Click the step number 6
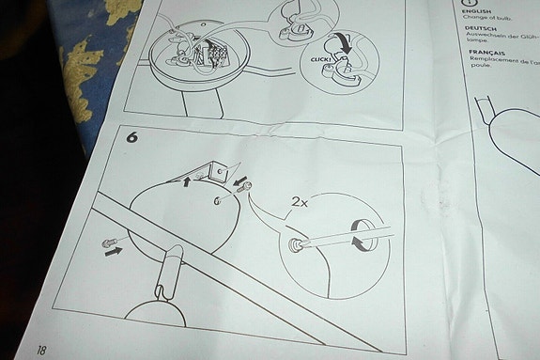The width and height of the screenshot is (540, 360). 133,136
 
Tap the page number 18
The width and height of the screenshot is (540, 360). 41,349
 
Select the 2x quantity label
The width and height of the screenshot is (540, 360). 301,202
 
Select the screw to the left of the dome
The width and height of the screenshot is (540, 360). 107,243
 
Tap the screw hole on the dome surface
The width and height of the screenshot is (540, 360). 217,200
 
